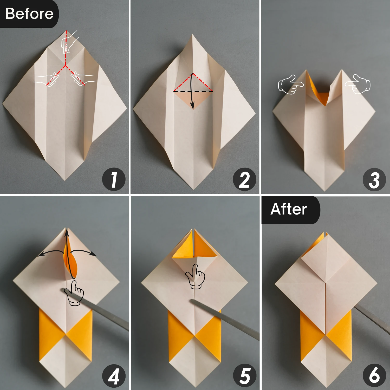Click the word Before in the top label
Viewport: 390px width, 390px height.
coord(29,14)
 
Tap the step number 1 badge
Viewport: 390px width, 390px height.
coord(114,180)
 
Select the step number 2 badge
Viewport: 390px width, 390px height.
coord(244,180)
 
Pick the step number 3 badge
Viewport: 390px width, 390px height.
coord(374,180)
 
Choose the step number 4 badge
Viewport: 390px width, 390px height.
coord(114,376)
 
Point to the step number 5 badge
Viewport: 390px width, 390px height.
coord(244,376)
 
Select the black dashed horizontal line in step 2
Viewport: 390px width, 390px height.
coord(193,91)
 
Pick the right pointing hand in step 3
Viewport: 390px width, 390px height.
coord(358,84)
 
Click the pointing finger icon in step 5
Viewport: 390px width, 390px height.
coord(196,276)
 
